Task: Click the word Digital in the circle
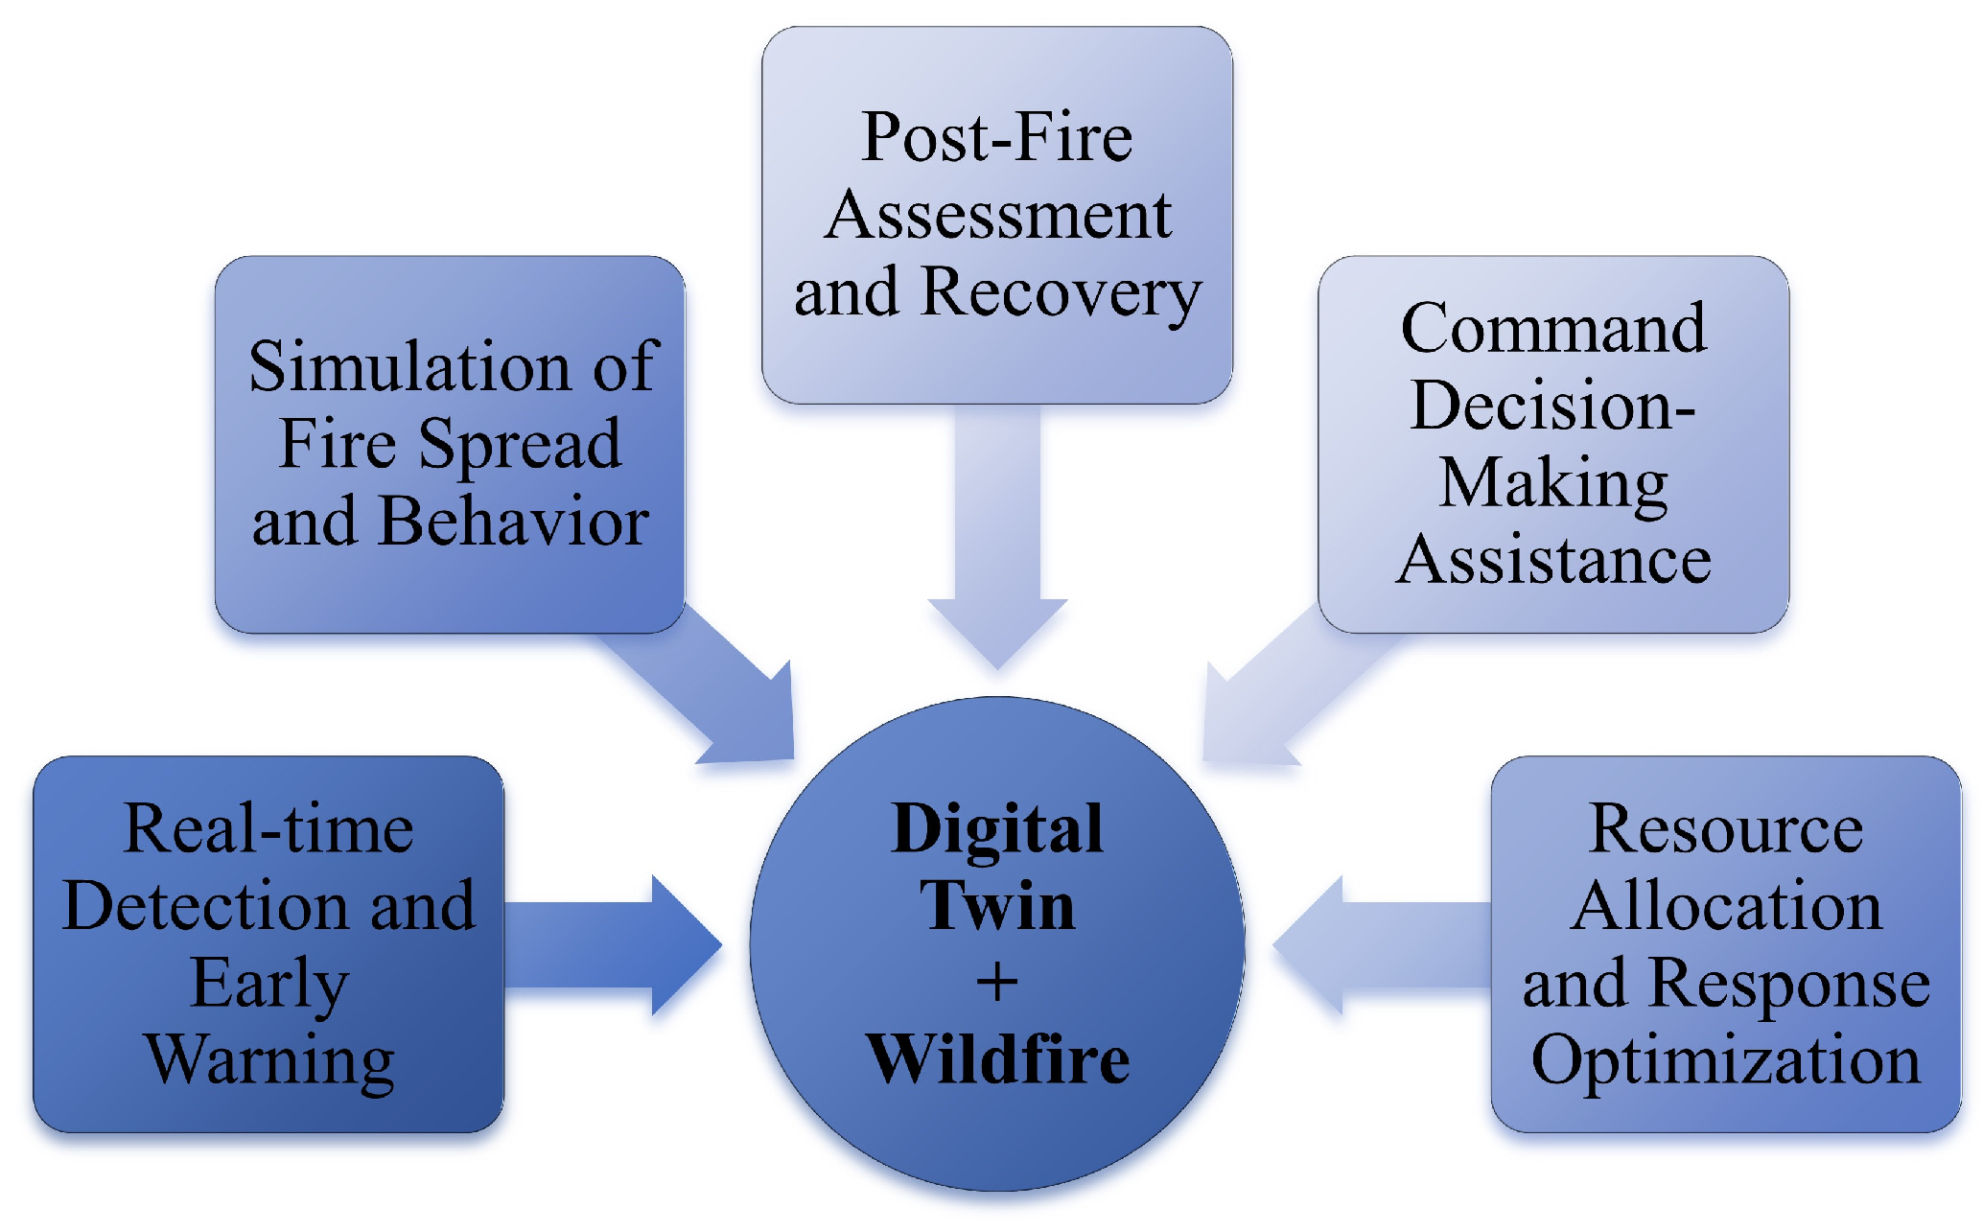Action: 997,828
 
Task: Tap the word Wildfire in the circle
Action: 997,1059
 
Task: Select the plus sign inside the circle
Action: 997,983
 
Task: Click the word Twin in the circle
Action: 997,905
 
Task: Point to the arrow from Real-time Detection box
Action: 614,945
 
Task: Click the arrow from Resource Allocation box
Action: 1381,945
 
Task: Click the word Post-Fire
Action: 997,137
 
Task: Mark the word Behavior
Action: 514,523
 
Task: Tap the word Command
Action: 1553,329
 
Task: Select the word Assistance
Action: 1553,561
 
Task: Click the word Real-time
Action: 269,828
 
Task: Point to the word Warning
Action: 269,1060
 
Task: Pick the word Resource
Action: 1726,828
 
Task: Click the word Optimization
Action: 1726,1060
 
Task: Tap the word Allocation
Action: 1726,906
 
